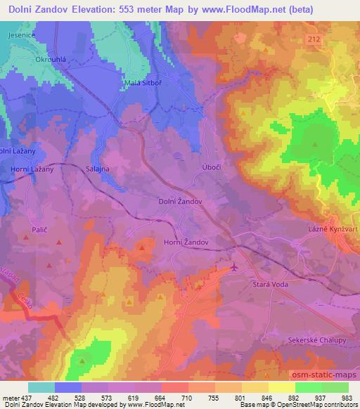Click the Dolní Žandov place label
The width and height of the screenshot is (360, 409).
[181, 201]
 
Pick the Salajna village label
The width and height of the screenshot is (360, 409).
[98, 169]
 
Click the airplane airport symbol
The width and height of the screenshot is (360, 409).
[234, 267]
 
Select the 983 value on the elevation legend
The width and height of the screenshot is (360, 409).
[347, 397]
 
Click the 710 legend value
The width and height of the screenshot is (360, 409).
[188, 397]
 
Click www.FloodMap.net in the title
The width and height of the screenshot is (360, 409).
[239, 9]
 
